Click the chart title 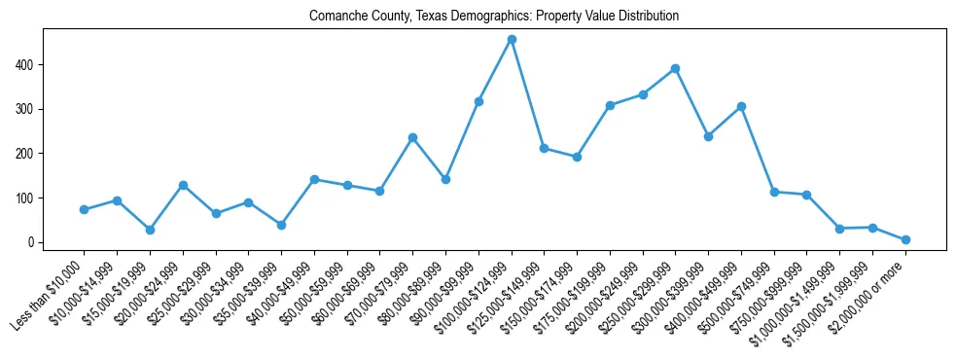coord(494,17)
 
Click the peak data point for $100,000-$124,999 coord(512,40)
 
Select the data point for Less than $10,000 coord(84,209)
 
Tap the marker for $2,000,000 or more coord(905,239)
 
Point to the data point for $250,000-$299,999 coord(675,69)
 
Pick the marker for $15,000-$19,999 coord(150,230)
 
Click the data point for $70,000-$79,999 coord(412,137)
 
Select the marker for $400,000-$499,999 coord(741,106)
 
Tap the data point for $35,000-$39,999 coord(281,225)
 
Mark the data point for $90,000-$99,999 coord(478,101)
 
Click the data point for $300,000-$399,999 coord(708,136)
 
